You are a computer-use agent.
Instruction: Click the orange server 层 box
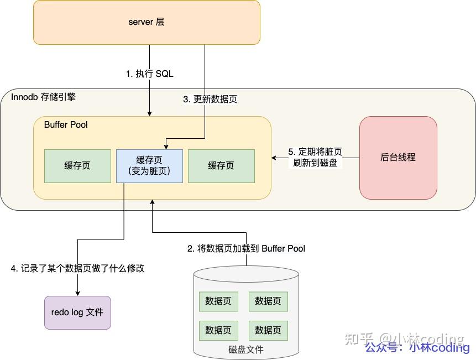(x=147, y=22)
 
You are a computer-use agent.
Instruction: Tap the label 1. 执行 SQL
(x=149, y=74)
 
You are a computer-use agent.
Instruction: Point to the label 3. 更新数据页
(x=210, y=100)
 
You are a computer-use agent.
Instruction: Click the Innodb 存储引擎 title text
(x=43, y=97)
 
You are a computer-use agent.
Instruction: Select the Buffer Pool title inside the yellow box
(x=66, y=124)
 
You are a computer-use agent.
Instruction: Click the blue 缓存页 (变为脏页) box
(x=149, y=165)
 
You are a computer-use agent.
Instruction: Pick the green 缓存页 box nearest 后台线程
(x=221, y=165)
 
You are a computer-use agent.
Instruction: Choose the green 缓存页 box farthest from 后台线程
(x=77, y=165)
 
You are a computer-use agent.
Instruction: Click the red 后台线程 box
(x=398, y=157)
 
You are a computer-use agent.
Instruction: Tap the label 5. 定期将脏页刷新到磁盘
(x=315, y=157)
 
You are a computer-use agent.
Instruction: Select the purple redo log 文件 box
(x=77, y=312)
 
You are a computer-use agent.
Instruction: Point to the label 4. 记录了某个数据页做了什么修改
(x=77, y=268)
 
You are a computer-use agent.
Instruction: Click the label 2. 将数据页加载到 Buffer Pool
(x=246, y=248)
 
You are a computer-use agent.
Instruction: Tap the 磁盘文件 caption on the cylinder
(x=246, y=349)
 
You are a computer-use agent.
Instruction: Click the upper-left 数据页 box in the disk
(x=218, y=301)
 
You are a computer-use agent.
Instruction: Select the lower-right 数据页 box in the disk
(x=268, y=330)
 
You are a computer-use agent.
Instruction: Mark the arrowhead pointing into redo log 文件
(x=77, y=293)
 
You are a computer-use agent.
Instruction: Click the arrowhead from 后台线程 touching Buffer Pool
(x=274, y=158)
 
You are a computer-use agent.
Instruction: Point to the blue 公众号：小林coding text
(x=417, y=347)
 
